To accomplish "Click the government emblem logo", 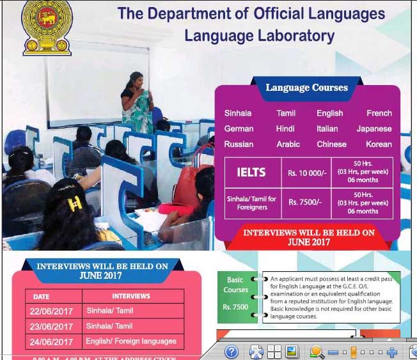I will (x=47, y=27).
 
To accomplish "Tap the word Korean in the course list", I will (x=379, y=145).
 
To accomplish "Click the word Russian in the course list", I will (x=239, y=145).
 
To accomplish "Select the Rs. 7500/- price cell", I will (x=306, y=203).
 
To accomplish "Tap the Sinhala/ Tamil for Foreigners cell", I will (x=252, y=203).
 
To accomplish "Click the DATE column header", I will (x=42, y=297).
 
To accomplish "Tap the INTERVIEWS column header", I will (x=131, y=296).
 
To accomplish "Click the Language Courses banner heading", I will (x=306, y=88).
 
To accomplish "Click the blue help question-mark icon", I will (x=232, y=351).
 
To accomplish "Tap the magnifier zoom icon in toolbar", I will (x=316, y=351).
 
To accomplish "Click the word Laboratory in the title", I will (x=296, y=36).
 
